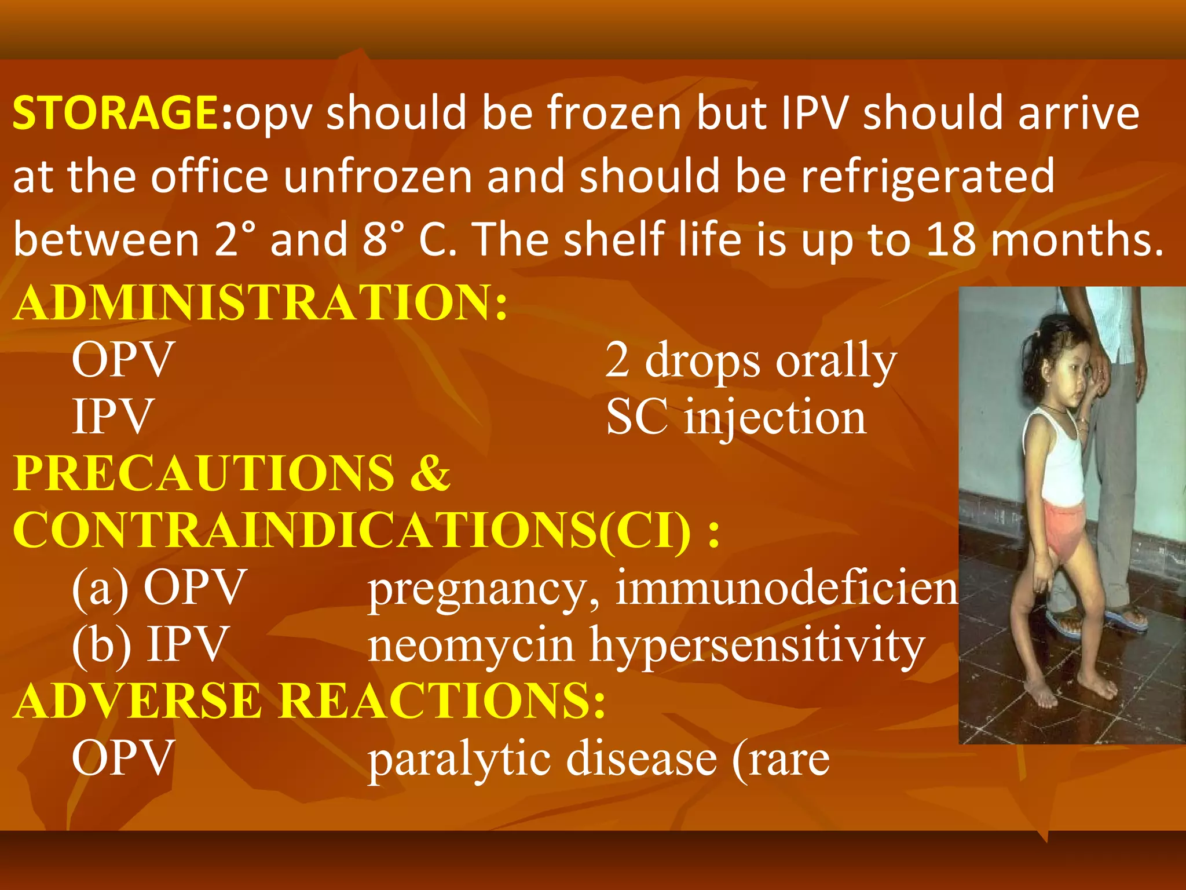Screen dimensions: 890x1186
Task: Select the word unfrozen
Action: [x=378, y=176]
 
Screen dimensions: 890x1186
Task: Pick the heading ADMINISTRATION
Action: [x=261, y=302]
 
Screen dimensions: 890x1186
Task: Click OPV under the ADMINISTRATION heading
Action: [x=123, y=359]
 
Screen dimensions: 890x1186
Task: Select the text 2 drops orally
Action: [x=751, y=360]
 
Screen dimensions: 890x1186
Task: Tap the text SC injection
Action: [x=735, y=417]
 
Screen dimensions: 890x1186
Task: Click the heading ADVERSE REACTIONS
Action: [x=309, y=701]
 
